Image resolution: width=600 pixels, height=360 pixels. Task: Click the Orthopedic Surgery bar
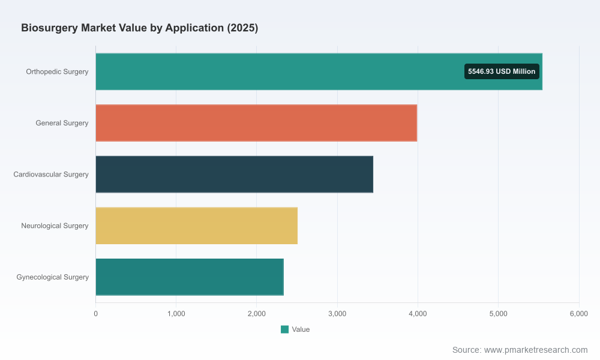(x=319, y=71)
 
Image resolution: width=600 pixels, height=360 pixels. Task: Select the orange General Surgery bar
(x=256, y=123)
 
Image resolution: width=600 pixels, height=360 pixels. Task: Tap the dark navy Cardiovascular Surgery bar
(x=234, y=174)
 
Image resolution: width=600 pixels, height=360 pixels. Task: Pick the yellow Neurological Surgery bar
(x=197, y=226)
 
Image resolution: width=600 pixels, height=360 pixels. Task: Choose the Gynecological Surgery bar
(x=190, y=277)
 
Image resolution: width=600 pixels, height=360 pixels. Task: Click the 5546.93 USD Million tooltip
(x=502, y=71)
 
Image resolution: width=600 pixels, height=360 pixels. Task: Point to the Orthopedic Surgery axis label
(x=57, y=71)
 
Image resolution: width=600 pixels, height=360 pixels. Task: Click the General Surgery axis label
(x=62, y=123)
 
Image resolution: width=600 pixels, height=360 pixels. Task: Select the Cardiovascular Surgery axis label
(x=51, y=174)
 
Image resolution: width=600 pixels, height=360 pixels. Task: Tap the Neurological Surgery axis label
(x=55, y=226)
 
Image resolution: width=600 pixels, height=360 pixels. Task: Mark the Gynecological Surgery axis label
(x=52, y=277)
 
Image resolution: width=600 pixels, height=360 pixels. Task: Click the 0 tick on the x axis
(x=95, y=314)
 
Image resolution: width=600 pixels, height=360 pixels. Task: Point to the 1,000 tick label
(x=176, y=314)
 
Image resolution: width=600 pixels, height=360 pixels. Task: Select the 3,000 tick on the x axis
(x=337, y=314)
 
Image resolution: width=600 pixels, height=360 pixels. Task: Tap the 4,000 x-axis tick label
(x=418, y=314)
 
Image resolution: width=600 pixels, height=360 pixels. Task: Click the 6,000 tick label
(x=579, y=314)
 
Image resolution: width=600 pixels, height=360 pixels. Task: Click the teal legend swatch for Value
(x=284, y=329)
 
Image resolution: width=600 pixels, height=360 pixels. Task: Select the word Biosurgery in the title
(x=49, y=28)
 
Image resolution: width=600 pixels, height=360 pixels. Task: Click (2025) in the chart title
(x=242, y=28)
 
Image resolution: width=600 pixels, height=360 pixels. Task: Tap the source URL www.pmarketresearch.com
(x=536, y=350)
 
